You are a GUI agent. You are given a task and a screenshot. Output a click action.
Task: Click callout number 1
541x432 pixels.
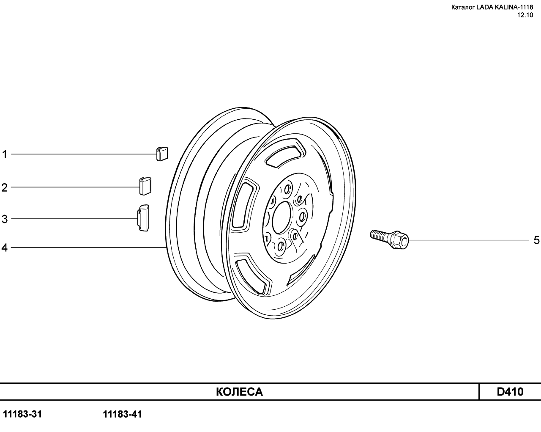(5, 154)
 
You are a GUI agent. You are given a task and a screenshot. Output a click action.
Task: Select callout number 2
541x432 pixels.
(5, 187)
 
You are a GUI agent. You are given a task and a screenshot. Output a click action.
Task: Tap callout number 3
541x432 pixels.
(5, 219)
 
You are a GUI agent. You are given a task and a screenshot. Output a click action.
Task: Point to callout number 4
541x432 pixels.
(5, 248)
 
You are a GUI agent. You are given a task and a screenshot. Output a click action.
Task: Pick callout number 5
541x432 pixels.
(536, 240)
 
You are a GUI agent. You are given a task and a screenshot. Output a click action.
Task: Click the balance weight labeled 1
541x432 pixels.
(162, 154)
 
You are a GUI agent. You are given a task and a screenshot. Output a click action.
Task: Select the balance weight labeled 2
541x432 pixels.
(145, 186)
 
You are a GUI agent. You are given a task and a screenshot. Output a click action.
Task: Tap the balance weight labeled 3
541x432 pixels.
(143, 218)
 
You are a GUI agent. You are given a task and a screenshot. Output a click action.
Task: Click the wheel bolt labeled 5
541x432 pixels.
(389, 239)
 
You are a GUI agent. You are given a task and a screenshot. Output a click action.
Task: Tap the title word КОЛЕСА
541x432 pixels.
(239, 392)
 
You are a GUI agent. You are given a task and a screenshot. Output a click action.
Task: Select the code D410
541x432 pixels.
(510, 392)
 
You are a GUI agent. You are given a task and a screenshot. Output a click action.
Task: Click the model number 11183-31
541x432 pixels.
(22, 414)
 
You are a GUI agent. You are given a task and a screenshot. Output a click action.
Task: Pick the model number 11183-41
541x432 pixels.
(123, 414)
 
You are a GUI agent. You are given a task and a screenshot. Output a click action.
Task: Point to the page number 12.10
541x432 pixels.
(525, 15)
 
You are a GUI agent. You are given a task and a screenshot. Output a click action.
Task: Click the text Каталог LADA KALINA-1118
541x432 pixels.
(492, 7)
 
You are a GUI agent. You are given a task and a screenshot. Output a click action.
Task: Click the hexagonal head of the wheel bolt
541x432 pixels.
(399, 240)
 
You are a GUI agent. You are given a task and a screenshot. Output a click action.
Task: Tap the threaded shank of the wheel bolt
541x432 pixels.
(380, 236)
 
